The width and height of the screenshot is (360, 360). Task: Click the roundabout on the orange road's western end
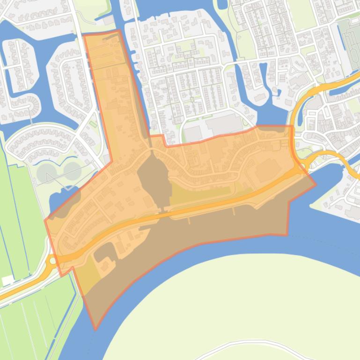click(x=52, y=261)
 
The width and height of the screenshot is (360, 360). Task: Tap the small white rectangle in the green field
click(x=8, y=281)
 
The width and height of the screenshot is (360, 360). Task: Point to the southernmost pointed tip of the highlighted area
click(x=96, y=329)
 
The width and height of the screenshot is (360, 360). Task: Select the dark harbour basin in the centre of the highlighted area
click(x=153, y=180)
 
